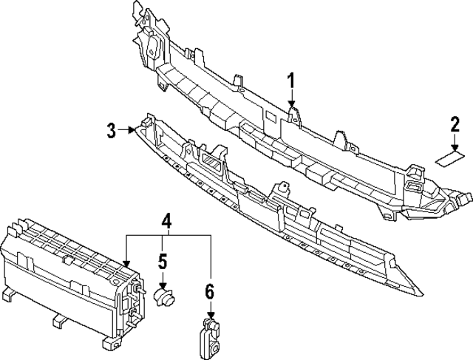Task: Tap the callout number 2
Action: [455, 125]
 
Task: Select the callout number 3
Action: [112, 130]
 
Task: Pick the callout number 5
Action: [163, 262]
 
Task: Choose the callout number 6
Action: [210, 291]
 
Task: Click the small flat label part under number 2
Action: [450, 159]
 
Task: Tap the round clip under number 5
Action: [165, 297]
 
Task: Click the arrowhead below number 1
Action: [291, 103]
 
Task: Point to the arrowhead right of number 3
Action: [132, 130]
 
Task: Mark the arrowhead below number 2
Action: [455, 148]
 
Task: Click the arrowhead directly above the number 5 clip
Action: [163, 286]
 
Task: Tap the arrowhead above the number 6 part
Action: [210, 315]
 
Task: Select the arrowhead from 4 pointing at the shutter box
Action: [126, 264]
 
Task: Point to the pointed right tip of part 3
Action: [423, 294]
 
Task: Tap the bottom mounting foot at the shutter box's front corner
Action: [109, 344]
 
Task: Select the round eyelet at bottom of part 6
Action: [215, 350]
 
